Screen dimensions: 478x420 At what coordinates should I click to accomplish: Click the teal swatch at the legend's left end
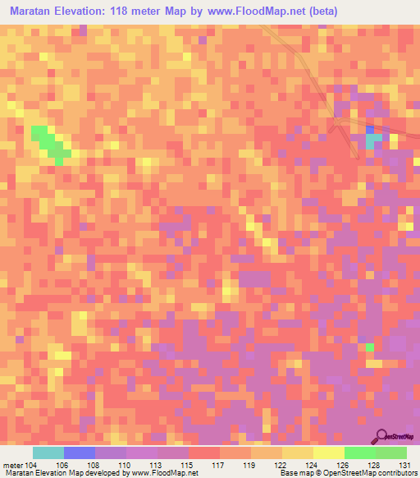48,453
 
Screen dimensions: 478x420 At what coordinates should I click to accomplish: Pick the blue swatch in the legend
80,453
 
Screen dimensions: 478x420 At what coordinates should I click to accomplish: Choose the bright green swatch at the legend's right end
391,453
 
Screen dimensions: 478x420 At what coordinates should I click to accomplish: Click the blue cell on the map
369,130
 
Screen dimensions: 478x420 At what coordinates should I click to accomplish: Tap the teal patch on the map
373,141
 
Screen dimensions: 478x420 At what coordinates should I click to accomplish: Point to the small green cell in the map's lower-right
369,347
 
